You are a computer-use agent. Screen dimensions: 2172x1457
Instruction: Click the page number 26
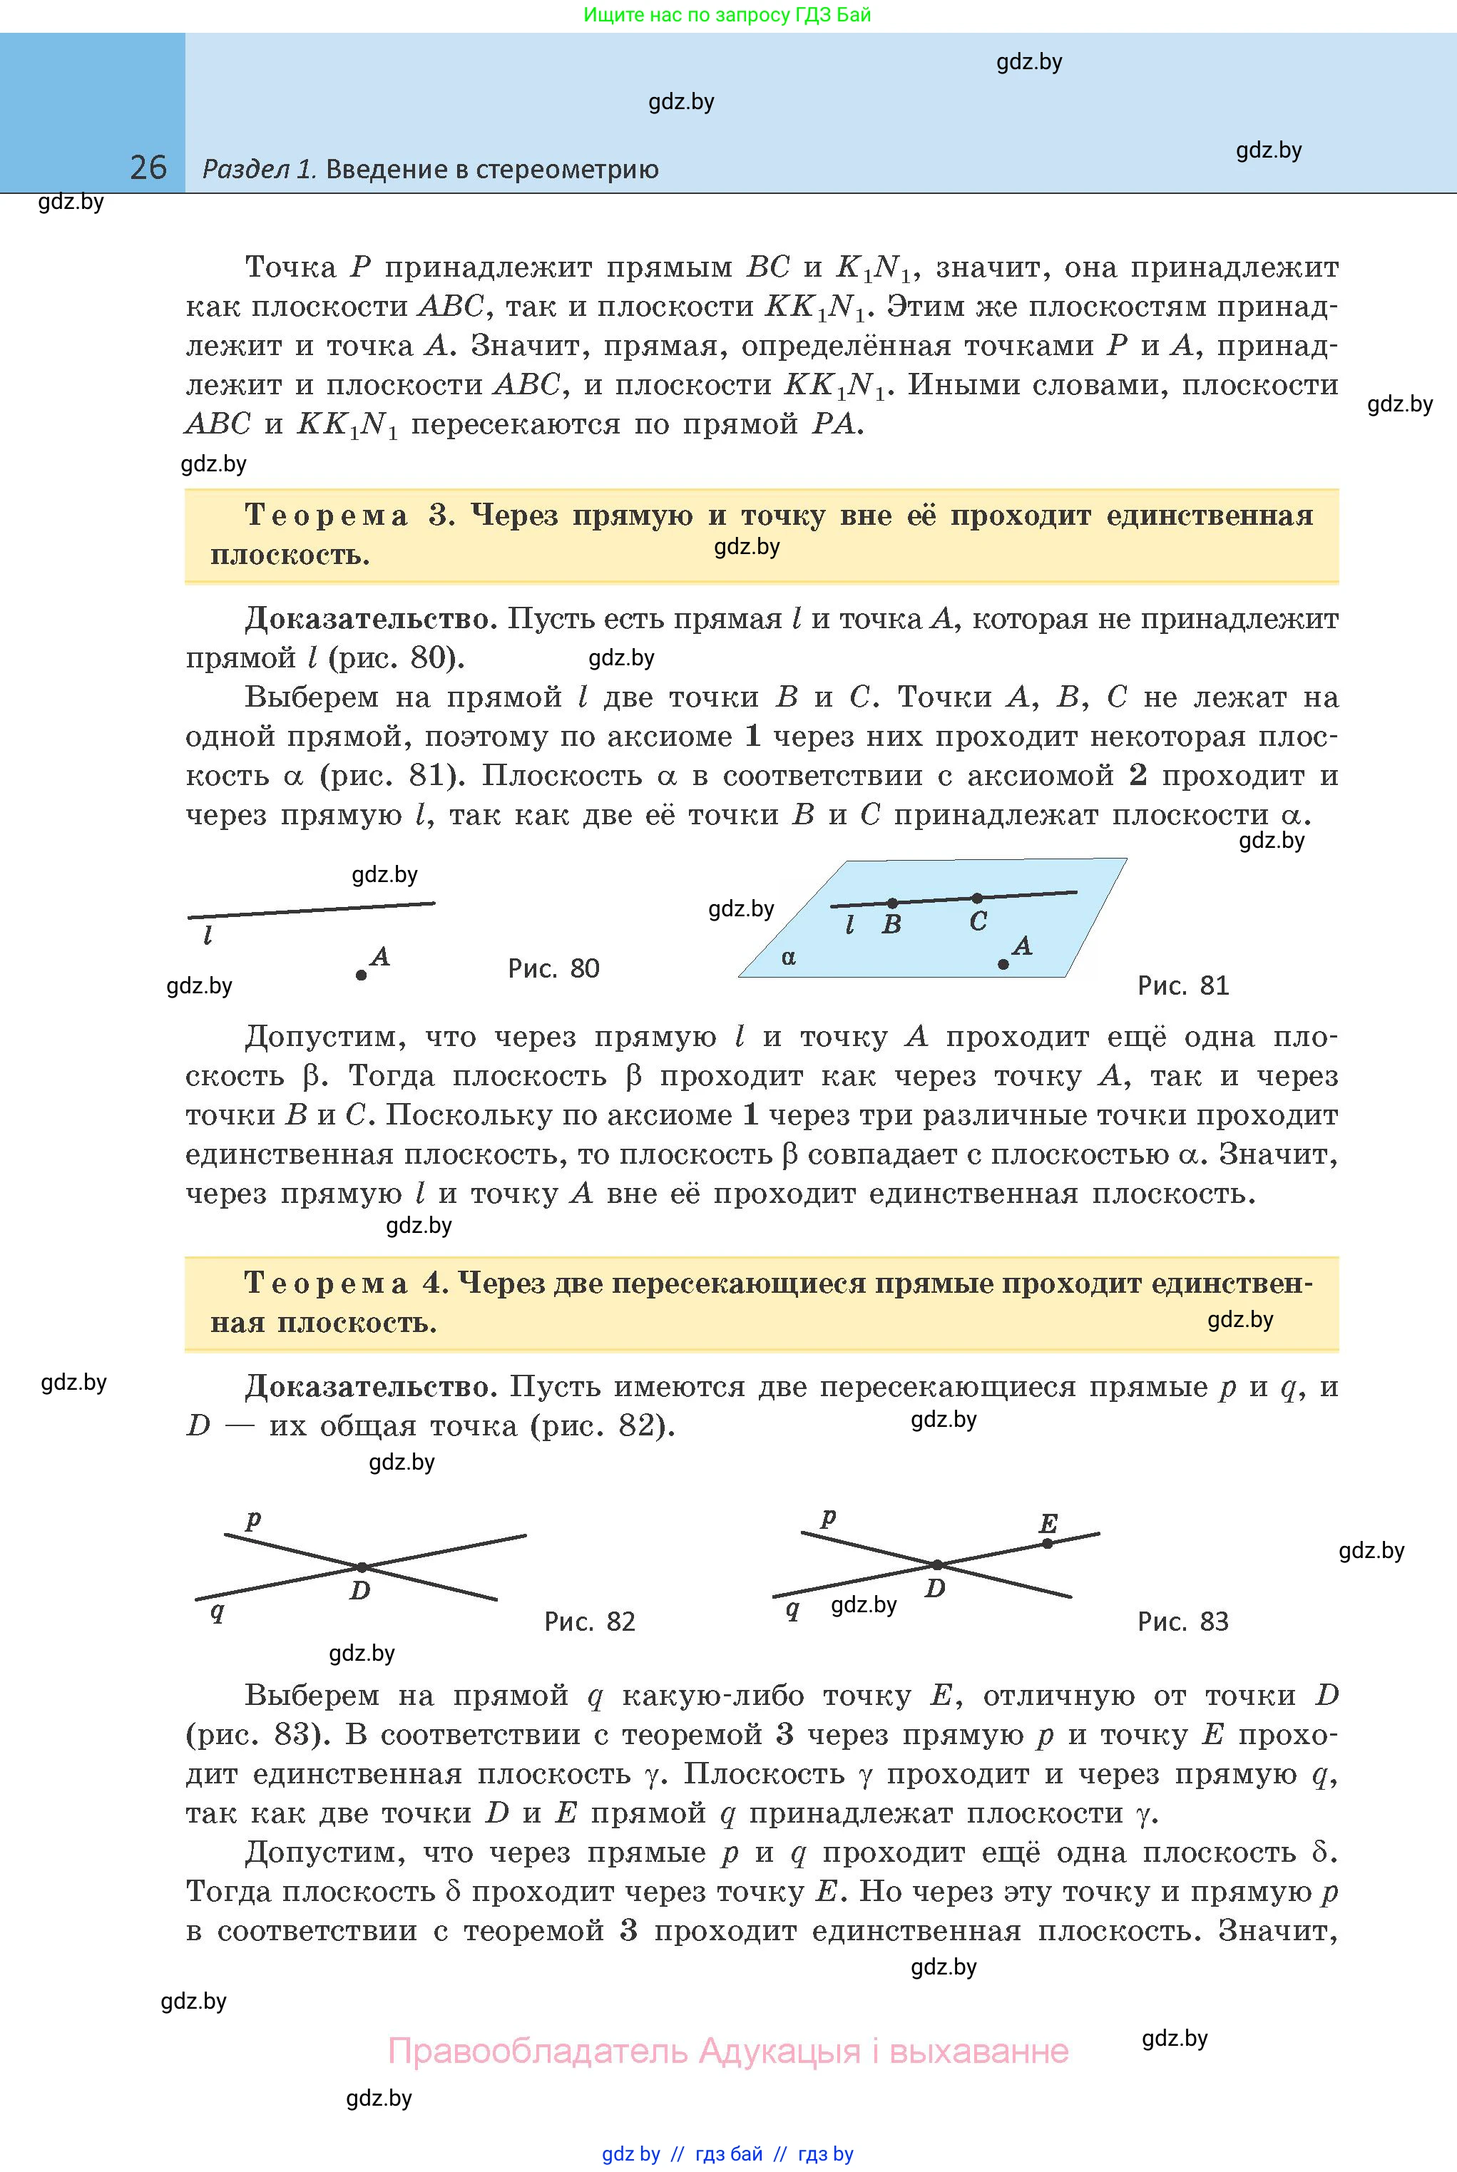click(x=148, y=168)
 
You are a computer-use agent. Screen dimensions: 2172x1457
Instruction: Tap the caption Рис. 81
click(x=1183, y=985)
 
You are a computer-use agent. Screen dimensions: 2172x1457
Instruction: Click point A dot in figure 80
click(x=361, y=975)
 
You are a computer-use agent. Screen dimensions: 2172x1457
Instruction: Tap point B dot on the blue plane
click(x=892, y=903)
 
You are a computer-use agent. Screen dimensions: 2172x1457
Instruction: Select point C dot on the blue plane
click(x=976, y=898)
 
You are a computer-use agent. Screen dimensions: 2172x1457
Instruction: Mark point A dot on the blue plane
click(x=1003, y=964)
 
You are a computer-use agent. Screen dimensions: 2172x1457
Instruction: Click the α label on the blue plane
click(x=789, y=958)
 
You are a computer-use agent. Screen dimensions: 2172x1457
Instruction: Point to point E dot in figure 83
click(x=1047, y=1543)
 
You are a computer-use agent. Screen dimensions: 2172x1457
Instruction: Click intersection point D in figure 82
click(x=362, y=1567)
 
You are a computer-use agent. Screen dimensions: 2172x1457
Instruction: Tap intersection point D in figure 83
click(x=938, y=1565)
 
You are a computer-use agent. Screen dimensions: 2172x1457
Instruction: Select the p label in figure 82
click(x=252, y=1521)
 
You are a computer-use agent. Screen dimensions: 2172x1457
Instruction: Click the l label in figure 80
click(x=208, y=936)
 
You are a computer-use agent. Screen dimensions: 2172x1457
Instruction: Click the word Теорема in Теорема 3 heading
click(x=326, y=516)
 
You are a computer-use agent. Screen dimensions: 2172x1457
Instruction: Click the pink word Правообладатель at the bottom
click(x=538, y=2050)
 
